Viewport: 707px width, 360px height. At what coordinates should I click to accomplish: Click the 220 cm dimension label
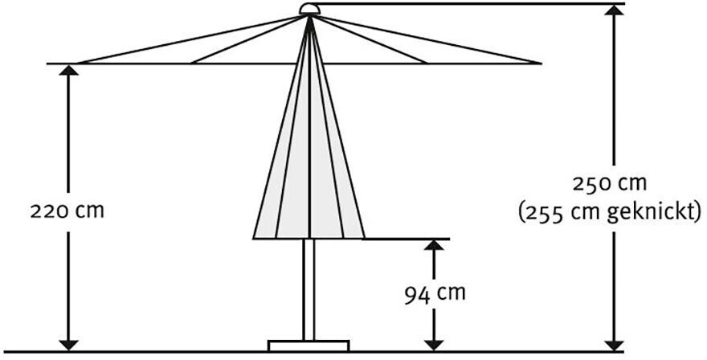(x=67, y=211)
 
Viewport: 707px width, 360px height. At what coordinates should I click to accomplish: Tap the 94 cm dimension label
(x=434, y=293)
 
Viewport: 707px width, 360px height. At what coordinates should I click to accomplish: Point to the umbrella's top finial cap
(x=309, y=9)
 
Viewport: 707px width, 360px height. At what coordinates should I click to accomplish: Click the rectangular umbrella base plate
(x=309, y=346)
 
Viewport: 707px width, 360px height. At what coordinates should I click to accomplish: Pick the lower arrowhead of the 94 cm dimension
(x=434, y=342)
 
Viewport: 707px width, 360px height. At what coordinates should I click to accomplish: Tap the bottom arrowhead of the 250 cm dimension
(x=614, y=342)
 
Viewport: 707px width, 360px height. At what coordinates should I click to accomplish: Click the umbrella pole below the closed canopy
(x=309, y=289)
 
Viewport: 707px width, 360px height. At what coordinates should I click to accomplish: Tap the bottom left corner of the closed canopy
(x=255, y=237)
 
